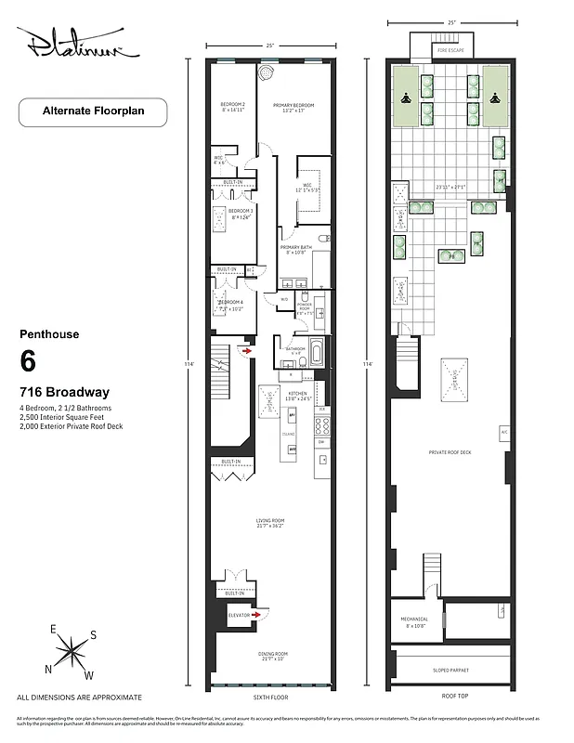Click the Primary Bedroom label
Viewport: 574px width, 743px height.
click(293, 106)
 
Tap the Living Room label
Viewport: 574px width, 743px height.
click(270, 521)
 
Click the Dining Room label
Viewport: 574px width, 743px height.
click(270, 655)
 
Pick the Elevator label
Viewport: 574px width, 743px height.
click(241, 614)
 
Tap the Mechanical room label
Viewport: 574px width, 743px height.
click(415, 620)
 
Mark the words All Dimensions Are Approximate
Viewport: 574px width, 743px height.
click(80, 697)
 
